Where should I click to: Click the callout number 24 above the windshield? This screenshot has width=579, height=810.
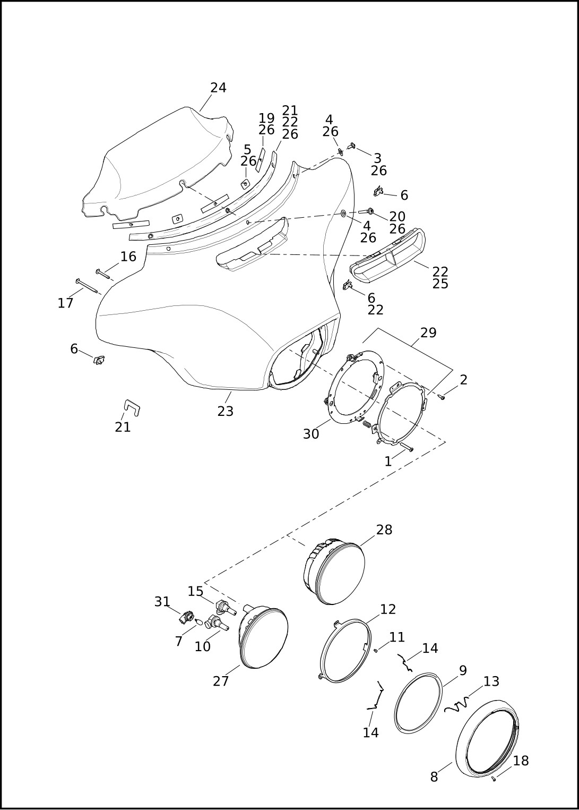click(218, 88)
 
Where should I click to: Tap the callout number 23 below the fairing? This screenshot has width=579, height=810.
click(225, 411)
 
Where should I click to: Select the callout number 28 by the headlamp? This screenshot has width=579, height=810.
click(384, 530)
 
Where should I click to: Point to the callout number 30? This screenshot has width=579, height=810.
click(311, 434)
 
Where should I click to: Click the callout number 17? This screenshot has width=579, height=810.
click(65, 303)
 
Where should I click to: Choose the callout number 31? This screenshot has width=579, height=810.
click(162, 602)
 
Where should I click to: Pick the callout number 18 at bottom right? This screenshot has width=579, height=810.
click(521, 761)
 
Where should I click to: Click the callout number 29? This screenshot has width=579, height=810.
click(428, 332)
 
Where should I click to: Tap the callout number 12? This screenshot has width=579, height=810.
click(388, 609)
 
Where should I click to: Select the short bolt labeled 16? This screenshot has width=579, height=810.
click(103, 274)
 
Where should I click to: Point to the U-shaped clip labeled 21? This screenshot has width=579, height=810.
click(132, 407)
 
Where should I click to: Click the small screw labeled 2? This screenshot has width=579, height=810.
click(442, 397)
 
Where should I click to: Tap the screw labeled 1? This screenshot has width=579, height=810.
click(407, 447)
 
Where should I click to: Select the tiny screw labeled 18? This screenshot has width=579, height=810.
click(494, 779)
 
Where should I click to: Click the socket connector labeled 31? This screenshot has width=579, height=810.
click(186, 618)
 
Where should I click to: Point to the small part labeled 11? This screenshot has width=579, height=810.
click(375, 650)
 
